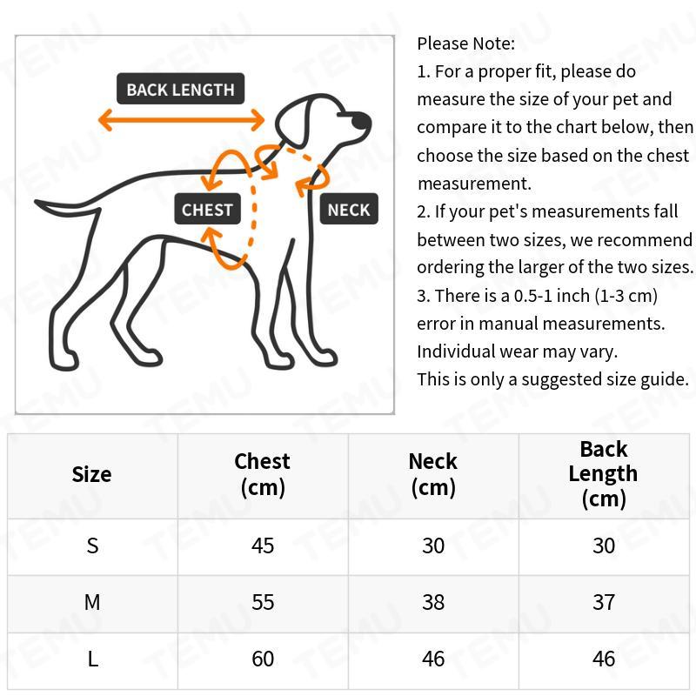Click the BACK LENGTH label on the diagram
click(x=180, y=89)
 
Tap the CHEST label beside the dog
click(x=207, y=209)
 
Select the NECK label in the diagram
click(x=349, y=209)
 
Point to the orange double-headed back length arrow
click(x=181, y=120)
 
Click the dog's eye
click(x=336, y=111)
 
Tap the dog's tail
click(x=70, y=210)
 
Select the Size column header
click(x=91, y=474)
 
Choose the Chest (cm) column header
click(x=262, y=474)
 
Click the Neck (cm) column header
click(x=432, y=474)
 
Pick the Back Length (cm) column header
click(x=603, y=474)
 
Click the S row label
click(x=92, y=545)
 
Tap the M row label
click(x=92, y=602)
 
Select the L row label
click(x=92, y=659)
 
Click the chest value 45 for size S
click(x=263, y=545)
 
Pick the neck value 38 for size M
click(x=433, y=602)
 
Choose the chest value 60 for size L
click(x=263, y=659)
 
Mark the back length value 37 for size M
click(x=604, y=602)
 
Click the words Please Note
click(x=465, y=43)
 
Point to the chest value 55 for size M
click(x=263, y=602)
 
